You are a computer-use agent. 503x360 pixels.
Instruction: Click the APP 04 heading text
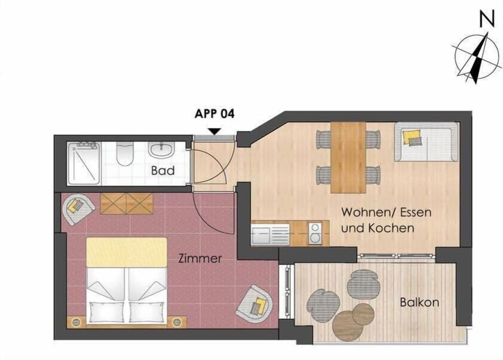click(215, 114)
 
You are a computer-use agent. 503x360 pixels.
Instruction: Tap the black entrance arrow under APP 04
click(215, 131)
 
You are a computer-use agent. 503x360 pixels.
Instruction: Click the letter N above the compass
click(487, 19)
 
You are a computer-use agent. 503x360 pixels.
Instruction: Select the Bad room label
click(163, 170)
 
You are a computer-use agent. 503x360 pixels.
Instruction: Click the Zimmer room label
click(200, 259)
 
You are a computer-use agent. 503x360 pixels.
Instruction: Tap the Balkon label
click(420, 302)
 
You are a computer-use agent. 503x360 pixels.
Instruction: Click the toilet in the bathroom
click(125, 154)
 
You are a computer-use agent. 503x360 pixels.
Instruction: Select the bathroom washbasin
click(162, 150)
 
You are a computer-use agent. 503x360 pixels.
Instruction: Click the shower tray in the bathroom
click(84, 163)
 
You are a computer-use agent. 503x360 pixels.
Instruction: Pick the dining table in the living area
click(348, 158)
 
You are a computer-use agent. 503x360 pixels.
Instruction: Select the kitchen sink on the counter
click(270, 234)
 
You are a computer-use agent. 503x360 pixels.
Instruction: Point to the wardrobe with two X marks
click(127, 204)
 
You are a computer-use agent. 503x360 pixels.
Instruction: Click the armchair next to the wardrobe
click(78, 209)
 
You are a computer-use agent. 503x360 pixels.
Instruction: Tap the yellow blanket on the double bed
click(127, 252)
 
